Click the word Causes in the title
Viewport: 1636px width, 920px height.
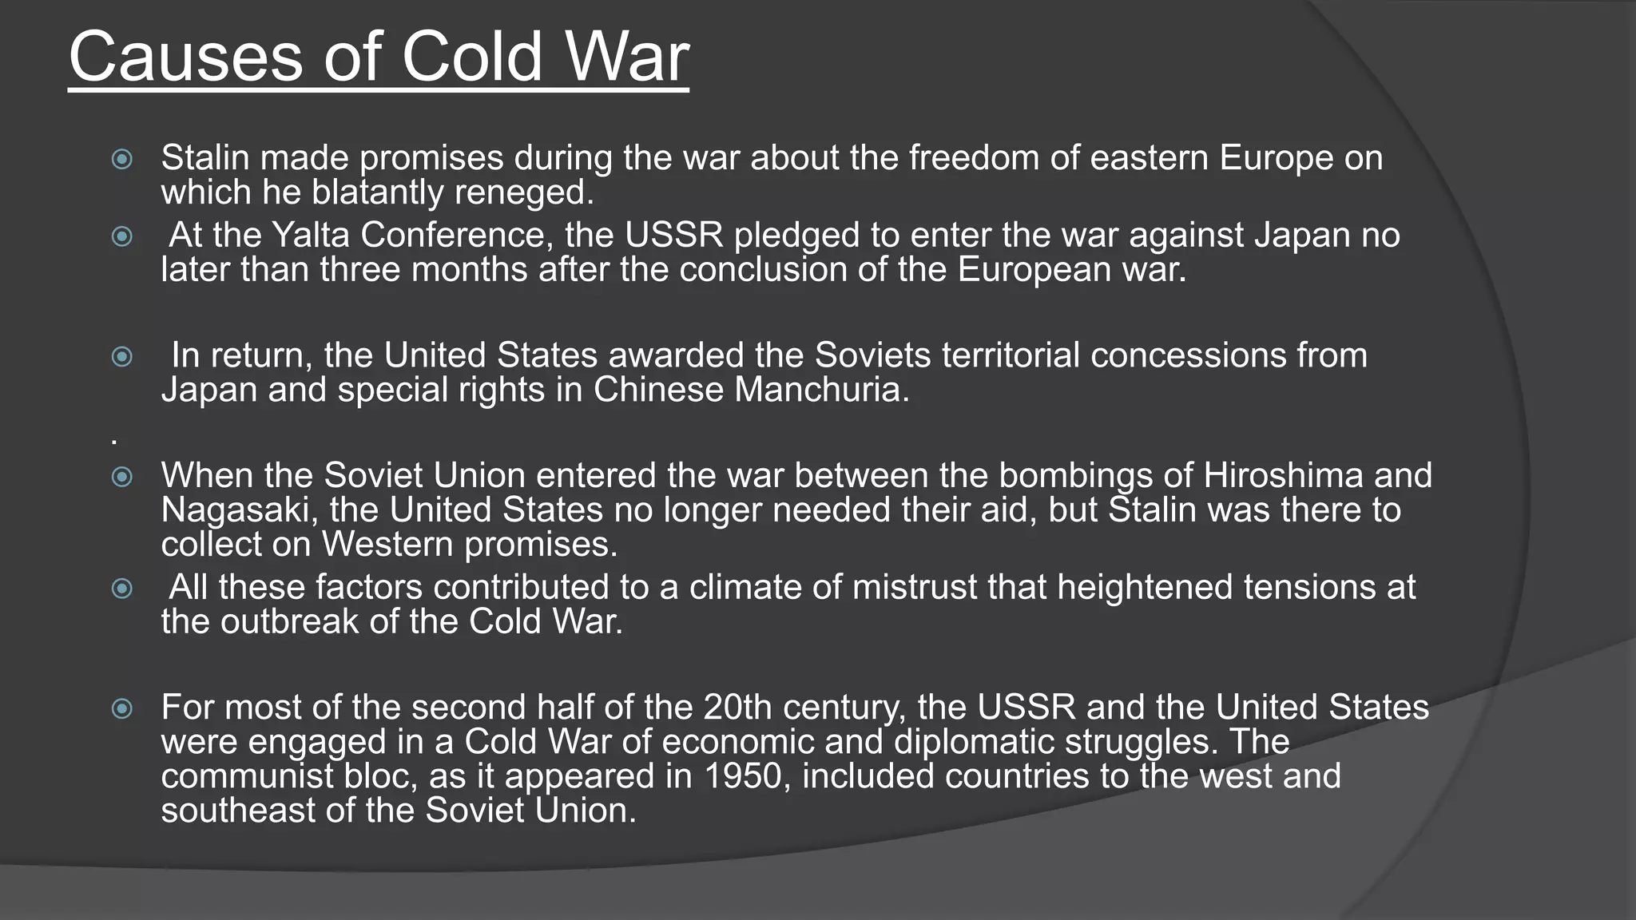point(185,57)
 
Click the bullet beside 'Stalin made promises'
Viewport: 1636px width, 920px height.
point(122,159)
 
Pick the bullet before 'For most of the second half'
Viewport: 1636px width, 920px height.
point(122,708)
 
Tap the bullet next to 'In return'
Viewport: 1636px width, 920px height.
point(122,356)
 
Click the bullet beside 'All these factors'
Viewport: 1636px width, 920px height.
point(122,589)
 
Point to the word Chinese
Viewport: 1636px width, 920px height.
point(657,391)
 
